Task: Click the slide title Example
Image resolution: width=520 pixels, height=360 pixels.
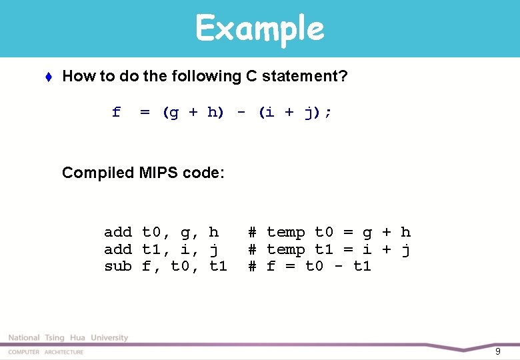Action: [x=259, y=28]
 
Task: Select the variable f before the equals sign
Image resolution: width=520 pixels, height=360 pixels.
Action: [x=116, y=112]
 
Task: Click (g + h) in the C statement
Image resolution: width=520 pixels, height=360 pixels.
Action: [x=193, y=112]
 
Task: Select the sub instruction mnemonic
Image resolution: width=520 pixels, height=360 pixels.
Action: [x=118, y=267]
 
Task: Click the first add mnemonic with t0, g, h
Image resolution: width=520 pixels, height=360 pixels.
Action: [x=118, y=232]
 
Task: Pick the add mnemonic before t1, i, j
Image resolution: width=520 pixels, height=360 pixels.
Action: [x=118, y=249]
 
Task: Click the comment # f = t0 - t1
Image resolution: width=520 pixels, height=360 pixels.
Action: [x=309, y=267]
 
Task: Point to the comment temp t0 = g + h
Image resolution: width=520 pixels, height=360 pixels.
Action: [x=338, y=232]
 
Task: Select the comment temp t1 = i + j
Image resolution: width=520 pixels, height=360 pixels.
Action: [x=338, y=249]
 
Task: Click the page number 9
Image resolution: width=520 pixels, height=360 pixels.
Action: [x=497, y=351]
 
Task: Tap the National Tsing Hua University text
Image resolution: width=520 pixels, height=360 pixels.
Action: [x=68, y=338]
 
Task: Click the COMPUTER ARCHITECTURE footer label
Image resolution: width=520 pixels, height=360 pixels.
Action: [x=46, y=352]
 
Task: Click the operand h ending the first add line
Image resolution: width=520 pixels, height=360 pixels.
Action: [x=213, y=232]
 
